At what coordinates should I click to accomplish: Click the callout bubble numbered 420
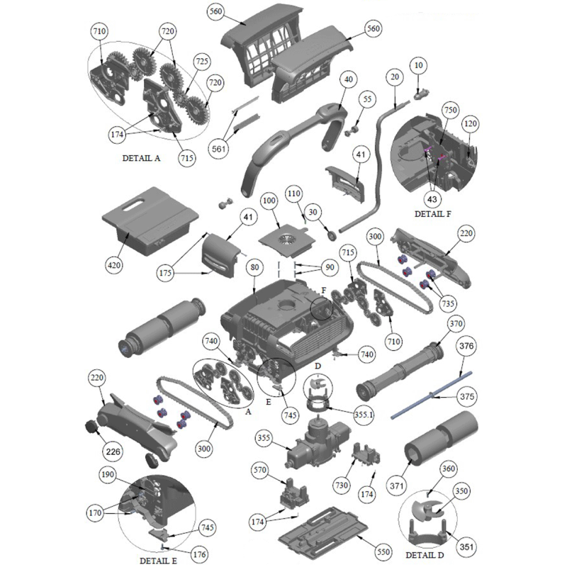114,265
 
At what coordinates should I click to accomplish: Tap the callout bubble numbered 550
383,552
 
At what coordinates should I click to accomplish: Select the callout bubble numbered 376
466,346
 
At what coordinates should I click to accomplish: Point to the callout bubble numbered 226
113,451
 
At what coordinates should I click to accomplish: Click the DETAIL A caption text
141,158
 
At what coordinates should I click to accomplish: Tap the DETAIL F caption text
432,214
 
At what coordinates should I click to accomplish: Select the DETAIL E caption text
158,561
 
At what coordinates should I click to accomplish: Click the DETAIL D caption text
425,555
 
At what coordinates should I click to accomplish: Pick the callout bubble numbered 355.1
364,415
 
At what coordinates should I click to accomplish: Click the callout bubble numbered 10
418,65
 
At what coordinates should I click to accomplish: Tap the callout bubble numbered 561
218,149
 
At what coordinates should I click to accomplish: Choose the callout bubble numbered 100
269,201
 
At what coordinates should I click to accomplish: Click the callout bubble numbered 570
259,470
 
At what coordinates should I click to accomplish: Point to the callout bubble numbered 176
199,554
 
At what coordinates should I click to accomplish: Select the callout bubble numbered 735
448,303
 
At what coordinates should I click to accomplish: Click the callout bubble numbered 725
202,62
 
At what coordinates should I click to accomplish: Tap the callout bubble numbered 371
396,485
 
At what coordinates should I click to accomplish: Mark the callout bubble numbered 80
254,268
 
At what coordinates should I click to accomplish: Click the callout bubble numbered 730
342,485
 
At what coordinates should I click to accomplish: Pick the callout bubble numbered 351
466,546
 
